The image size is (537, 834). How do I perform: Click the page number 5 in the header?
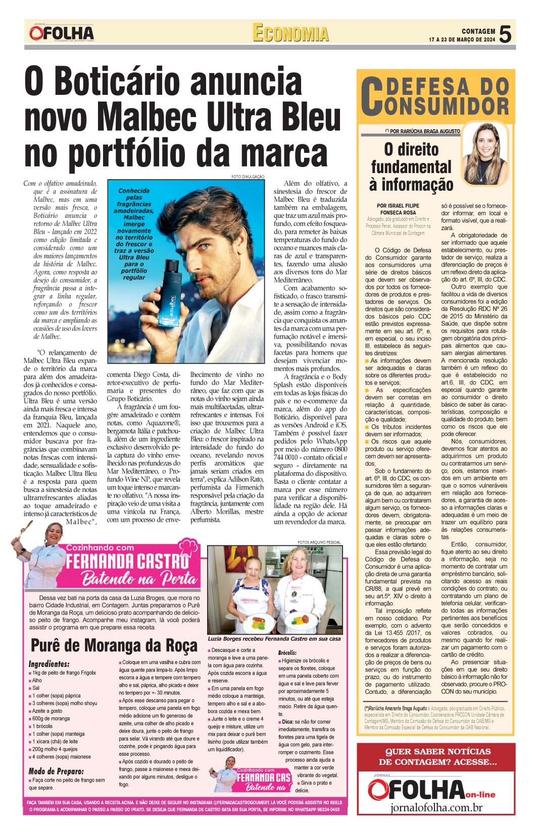(506, 34)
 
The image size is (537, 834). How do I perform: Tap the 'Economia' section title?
(290, 33)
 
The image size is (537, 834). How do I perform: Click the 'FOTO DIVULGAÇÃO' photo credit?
(248, 176)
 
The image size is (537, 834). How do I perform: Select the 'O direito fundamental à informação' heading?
(411, 166)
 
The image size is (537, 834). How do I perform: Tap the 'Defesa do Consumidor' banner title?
(436, 96)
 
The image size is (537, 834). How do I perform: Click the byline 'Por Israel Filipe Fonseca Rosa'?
(398, 209)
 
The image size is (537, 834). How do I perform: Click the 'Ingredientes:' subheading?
(49, 664)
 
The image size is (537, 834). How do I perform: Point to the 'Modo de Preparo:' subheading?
(56, 771)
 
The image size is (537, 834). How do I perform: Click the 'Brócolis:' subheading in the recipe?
(287, 653)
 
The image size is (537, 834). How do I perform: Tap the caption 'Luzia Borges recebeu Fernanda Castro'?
(274, 638)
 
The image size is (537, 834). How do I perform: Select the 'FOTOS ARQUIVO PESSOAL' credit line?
(319, 542)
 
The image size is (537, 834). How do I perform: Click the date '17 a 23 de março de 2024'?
(462, 39)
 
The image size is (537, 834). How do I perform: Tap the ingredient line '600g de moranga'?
(51, 718)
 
